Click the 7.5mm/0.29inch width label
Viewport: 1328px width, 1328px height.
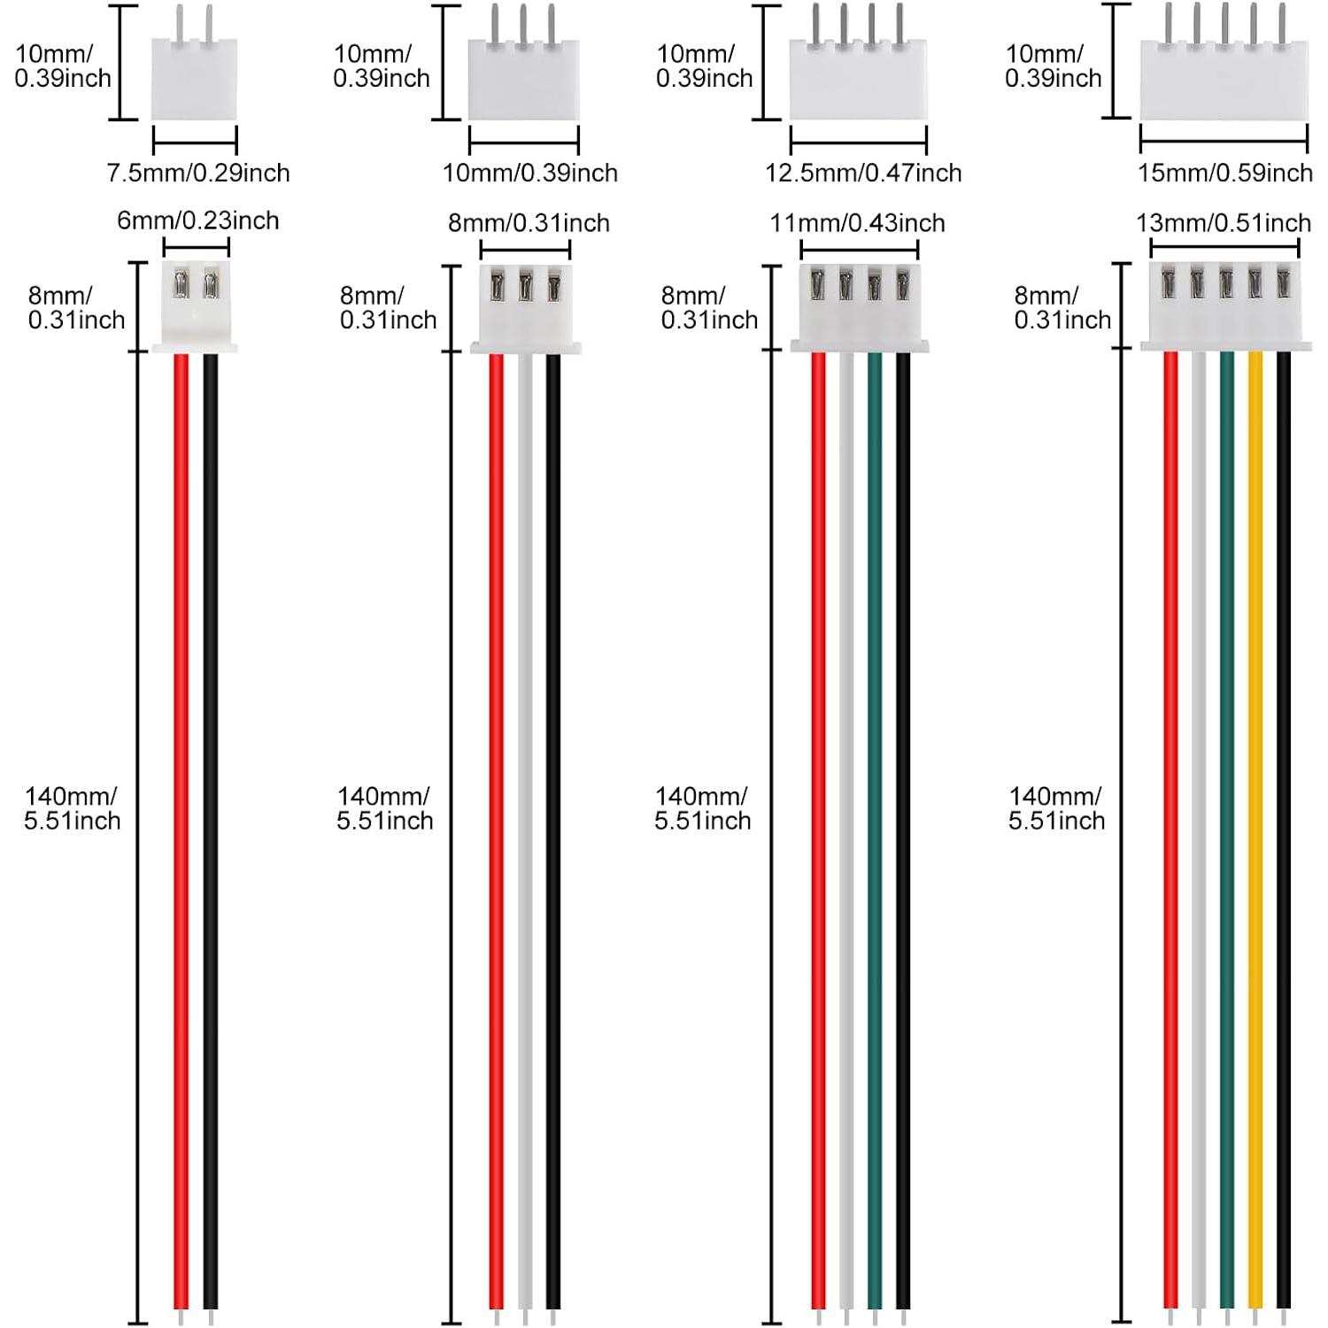[198, 173]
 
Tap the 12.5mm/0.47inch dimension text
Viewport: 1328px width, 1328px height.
[863, 173]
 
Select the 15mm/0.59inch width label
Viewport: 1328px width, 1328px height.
[1225, 173]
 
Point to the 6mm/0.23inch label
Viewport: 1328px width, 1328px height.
[198, 220]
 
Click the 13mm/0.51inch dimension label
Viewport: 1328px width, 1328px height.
[1224, 222]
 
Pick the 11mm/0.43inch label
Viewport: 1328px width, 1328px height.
[857, 222]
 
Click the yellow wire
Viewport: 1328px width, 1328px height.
[1255, 830]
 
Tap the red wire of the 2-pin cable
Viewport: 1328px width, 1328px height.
[181, 830]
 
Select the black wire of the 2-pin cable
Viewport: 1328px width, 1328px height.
[211, 830]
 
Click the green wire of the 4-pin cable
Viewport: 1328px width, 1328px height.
[875, 830]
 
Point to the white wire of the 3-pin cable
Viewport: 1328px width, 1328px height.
[525, 830]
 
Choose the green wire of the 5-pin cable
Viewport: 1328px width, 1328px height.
[1227, 830]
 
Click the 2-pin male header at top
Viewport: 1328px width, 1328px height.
[195, 64]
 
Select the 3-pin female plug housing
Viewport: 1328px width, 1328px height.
[525, 308]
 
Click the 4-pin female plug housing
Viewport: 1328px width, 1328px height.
[860, 308]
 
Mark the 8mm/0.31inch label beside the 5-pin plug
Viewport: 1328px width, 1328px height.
[1062, 307]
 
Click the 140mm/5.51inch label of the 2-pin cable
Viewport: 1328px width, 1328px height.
[73, 808]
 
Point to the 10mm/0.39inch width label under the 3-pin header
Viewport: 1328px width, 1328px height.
[530, 173]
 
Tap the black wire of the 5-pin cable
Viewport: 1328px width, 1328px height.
[1283, 830]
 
